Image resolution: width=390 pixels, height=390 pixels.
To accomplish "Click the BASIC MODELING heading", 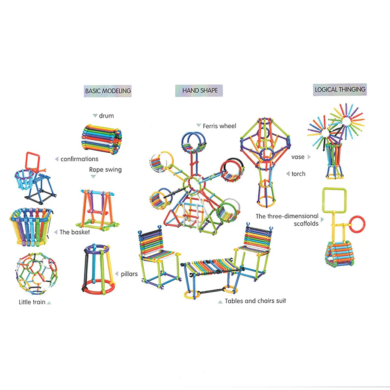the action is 108,91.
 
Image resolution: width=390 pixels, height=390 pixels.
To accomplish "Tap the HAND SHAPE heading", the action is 200,90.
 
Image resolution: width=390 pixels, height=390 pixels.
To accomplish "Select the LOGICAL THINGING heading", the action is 340,89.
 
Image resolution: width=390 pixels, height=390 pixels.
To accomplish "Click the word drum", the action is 106,115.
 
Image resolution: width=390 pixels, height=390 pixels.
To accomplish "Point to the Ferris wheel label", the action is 219,126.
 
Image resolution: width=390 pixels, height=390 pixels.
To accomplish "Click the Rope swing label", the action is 106,170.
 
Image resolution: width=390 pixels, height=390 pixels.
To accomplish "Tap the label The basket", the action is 74,232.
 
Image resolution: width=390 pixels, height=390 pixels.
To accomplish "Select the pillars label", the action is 129,274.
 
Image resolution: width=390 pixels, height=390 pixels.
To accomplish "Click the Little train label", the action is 32,302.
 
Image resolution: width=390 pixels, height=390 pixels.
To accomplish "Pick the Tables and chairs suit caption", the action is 255,301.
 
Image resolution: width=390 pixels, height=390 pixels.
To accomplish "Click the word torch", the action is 298,174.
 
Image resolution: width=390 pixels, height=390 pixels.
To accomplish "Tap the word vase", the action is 298,157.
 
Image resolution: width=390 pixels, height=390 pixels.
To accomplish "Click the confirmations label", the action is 80,159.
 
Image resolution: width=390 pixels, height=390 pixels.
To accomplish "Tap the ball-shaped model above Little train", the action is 37,273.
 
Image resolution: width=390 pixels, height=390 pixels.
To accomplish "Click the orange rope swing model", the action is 97,210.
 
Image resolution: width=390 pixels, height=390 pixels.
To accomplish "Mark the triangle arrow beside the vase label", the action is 309,157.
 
